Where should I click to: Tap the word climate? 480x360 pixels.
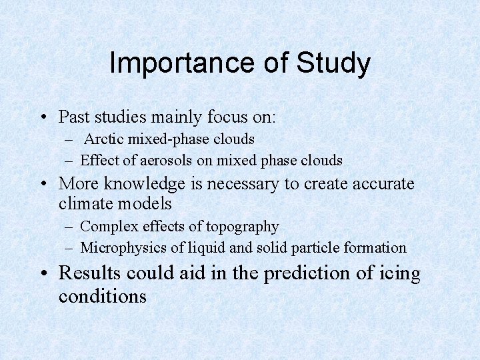click(85, 203)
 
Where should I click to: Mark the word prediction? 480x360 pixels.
click(308, 273)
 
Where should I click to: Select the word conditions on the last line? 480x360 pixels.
click(102, 295)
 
